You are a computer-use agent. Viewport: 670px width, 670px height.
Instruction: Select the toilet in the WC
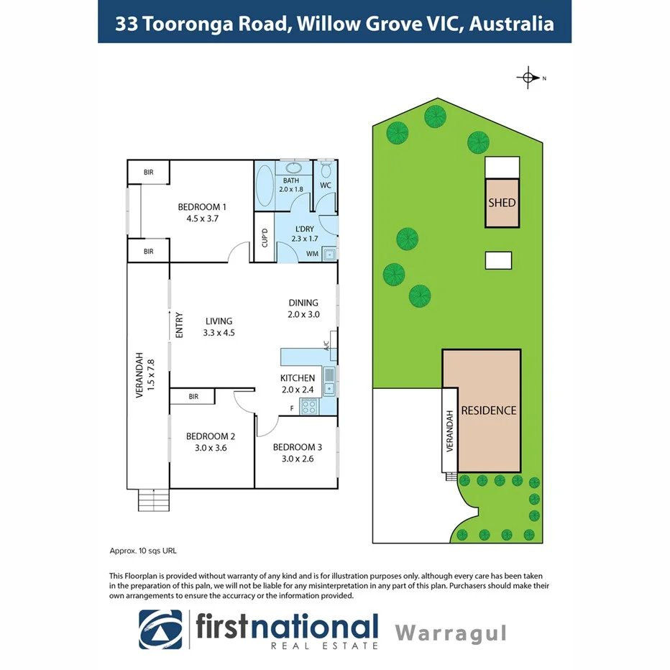coord(326,169)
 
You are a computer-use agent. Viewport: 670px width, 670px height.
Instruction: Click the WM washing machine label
coord(313,254)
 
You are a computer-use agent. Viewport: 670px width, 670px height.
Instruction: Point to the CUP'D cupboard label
coord(265,237)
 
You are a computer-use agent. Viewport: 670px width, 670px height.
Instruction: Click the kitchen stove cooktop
coord(309,407)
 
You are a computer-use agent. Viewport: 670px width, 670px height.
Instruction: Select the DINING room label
coord(303,303)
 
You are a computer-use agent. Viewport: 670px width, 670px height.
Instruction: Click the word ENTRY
coord(179,325)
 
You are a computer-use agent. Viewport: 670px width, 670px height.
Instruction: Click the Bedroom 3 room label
coord(297,446)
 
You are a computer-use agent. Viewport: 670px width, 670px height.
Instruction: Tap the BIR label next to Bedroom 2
coord(193,396)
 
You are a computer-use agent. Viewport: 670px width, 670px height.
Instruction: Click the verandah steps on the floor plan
coord(152,499)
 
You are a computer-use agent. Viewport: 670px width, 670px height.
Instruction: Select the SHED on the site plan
coord(502,203)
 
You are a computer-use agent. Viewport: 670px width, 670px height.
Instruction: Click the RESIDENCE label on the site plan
coord(488,410)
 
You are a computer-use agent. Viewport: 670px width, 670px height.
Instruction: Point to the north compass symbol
coord(528,78)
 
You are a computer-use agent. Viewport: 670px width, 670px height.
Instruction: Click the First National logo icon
coord(161,630)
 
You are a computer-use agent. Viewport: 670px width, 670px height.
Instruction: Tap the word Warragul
coord(451,633)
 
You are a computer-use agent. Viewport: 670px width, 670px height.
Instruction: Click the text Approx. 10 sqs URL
coord(142,551)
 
